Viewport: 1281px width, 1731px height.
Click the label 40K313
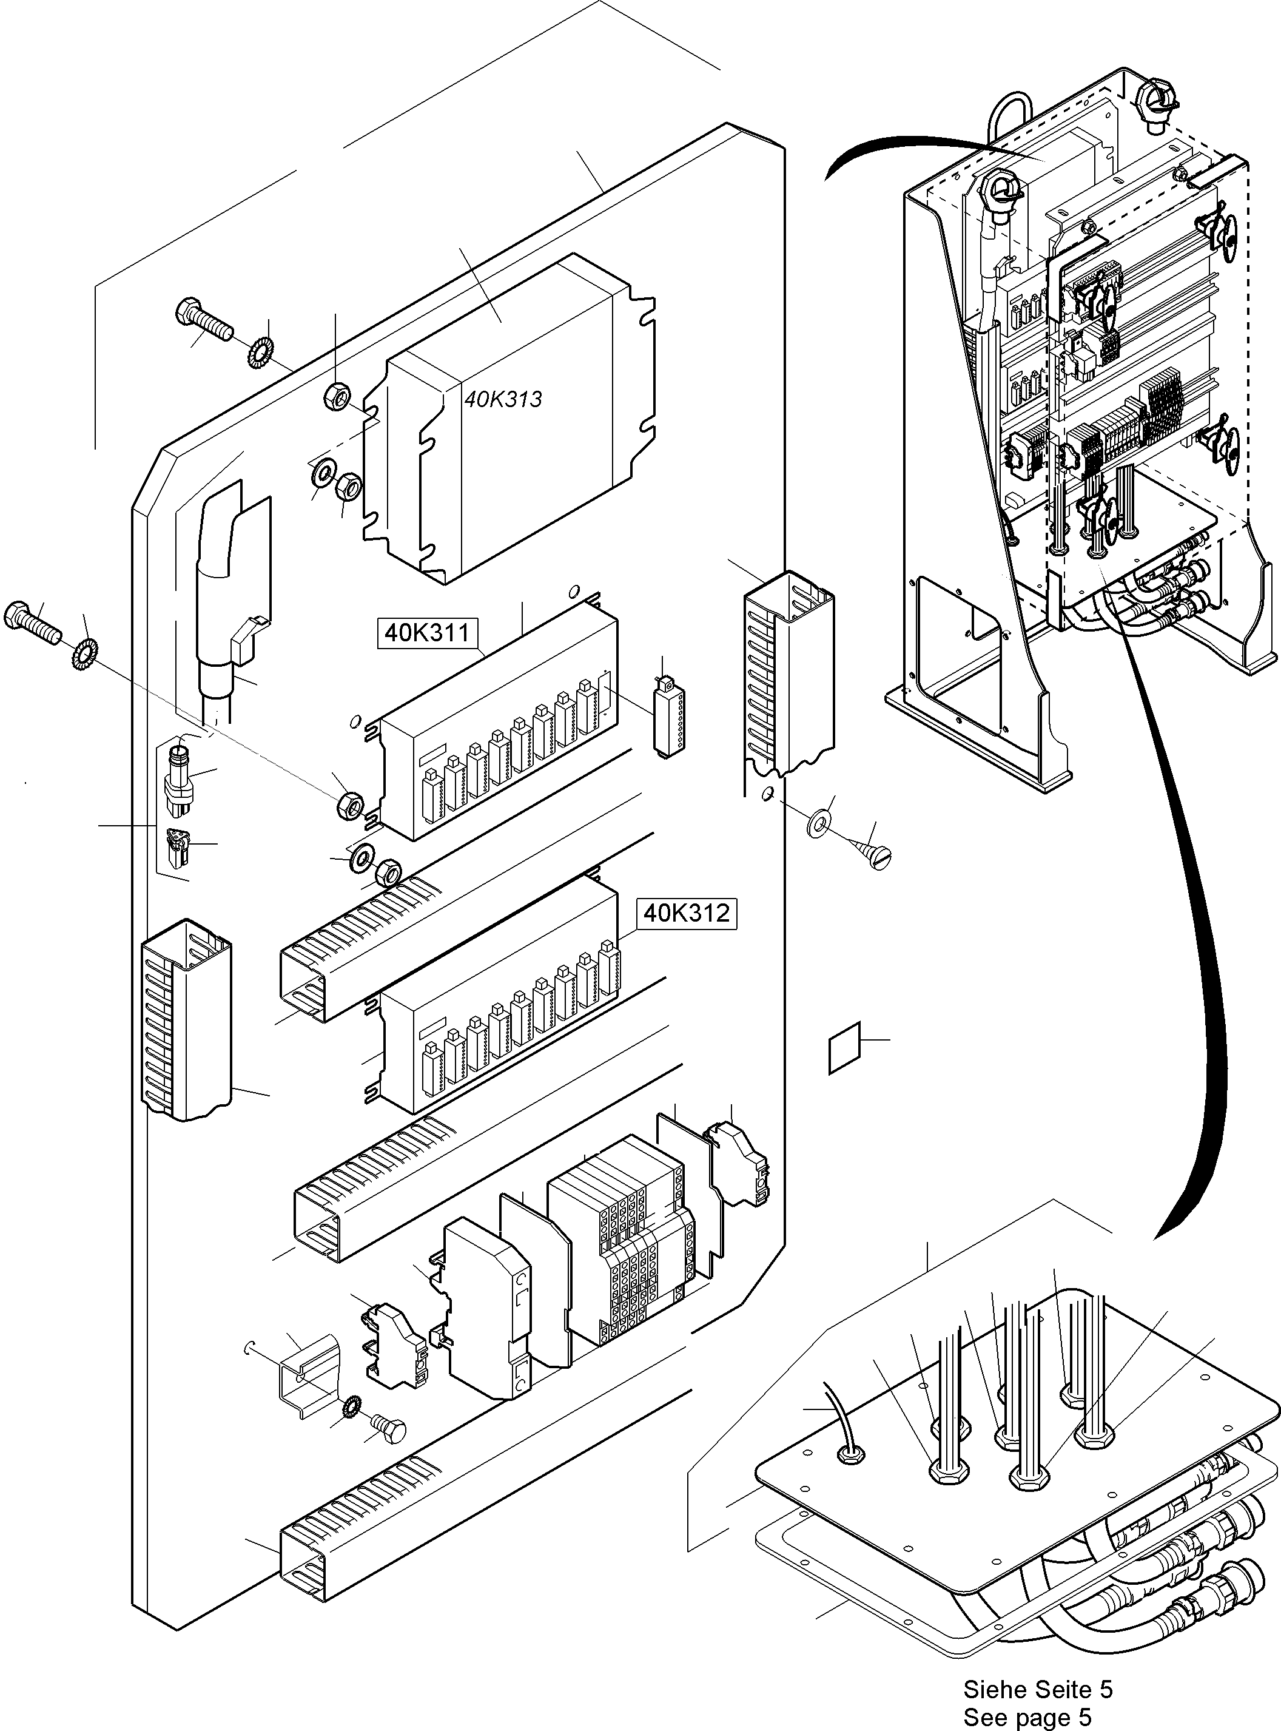(503, 399)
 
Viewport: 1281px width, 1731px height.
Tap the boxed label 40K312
(685, 914)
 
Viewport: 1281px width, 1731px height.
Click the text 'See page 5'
(1027, 1717)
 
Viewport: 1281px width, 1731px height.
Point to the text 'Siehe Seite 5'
(1038, 1689)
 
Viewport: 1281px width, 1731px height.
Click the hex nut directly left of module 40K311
(351, 805)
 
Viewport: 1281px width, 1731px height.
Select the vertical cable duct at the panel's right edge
(789, 675)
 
